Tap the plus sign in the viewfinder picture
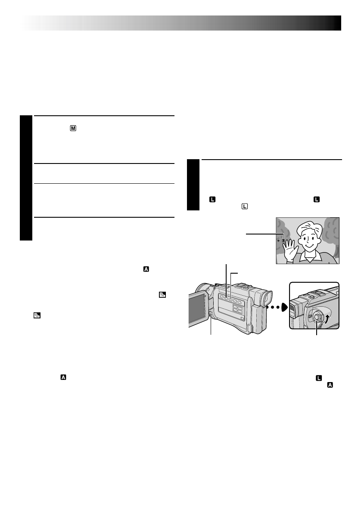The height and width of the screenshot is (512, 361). [x=279, y=241]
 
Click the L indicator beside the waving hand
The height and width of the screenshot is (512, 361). [x=283, y=241]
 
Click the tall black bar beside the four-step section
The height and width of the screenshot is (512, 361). [x=26, y=178]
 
